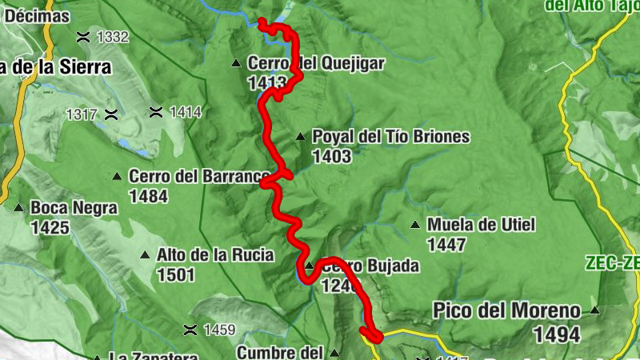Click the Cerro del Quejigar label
click(317, 63)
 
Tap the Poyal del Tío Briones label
click(390, 137)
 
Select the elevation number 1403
click(332, 157)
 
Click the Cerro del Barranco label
click(198, 176)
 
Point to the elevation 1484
click(148, 195)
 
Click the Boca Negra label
click(74, 209)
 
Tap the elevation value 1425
click(50, 228)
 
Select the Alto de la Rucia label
click(216, 255)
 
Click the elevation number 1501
click(177, 275)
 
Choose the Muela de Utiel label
click(481, 225)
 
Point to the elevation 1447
click(446, 244)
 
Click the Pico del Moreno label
click(506, 310)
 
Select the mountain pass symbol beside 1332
click(82, 37)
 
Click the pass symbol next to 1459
click(190, 329)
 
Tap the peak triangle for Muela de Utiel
click(414, 225)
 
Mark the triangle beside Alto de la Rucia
click(145, 256)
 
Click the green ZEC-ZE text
click(611, 262)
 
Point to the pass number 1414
click(186, 112)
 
